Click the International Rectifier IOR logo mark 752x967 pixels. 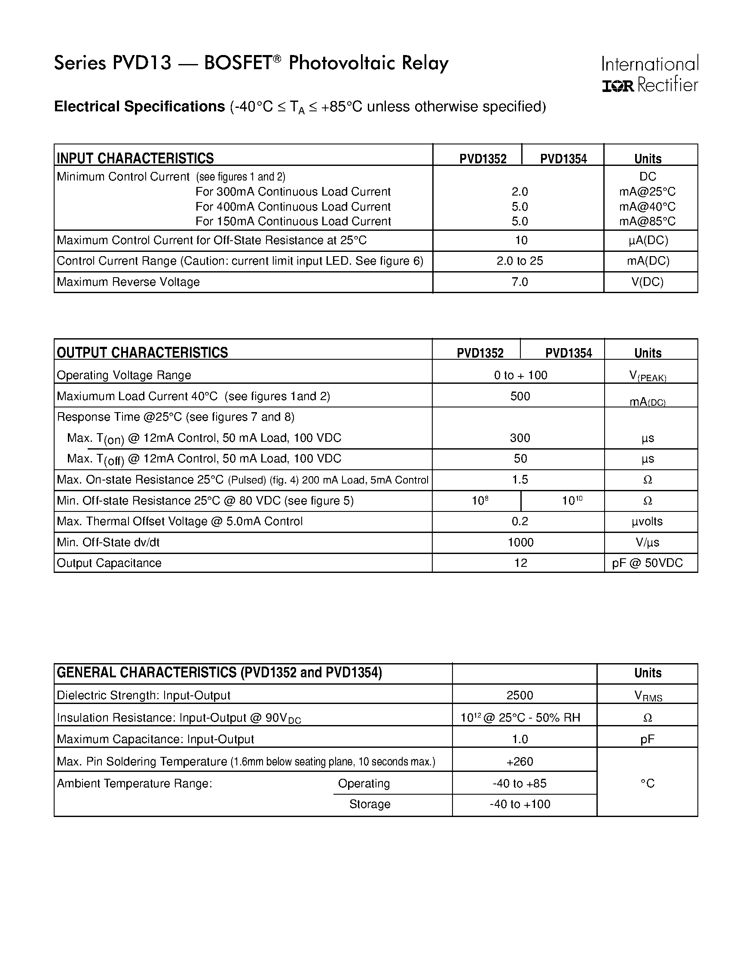coord(618,86)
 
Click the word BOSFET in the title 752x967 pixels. coord(238,63)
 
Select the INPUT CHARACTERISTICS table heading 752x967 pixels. coord(135,158)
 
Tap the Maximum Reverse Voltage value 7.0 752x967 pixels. coord(519,282)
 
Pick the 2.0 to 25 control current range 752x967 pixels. coord(519,261)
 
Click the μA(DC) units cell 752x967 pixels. coord(648,240)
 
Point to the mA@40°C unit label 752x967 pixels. coord(647,207)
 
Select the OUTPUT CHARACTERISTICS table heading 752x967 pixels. coord(142,352)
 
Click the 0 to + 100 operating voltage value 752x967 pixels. coord(520,375)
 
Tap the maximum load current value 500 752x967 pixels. coord(520,396)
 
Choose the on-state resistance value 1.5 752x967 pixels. coord(520,480)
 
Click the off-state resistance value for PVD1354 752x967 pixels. coord(572,501)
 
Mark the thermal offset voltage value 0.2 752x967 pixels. coord(520,521)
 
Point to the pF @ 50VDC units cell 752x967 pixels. coord(647,563)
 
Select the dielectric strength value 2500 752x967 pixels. coord(520,695)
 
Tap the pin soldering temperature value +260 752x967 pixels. coord(520,762)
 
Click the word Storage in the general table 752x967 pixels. coord(370,804)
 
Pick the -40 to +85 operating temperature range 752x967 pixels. coord(520,783)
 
